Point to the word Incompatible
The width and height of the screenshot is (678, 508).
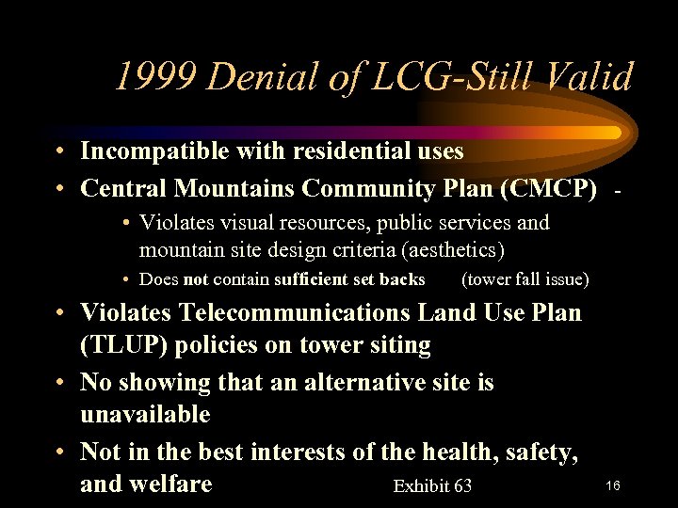(x=151, y=151)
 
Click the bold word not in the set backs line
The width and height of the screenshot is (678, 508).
(x=196, y=279)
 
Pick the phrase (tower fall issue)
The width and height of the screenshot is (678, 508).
(x=525, y=279)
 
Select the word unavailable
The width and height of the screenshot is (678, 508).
(x=145, y=415)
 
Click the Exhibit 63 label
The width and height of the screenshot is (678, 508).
(x=432, y=486)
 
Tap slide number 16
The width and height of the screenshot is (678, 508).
(x=612, y=485)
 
